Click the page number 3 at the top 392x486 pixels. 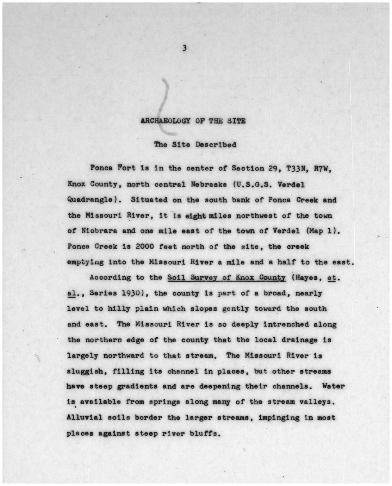point(184,49)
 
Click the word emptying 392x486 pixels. point(83,262)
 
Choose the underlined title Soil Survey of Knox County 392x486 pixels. point(226,278)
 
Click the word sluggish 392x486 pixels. point(83,371)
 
